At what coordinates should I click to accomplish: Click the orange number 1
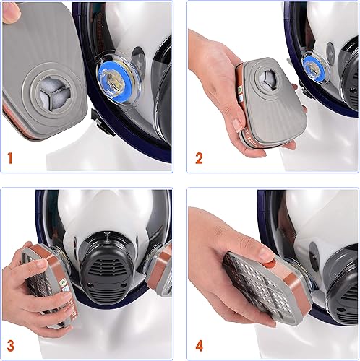pos(10,158)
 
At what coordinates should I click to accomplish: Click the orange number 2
pos(199,158)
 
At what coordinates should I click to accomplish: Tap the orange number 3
pos(10,346)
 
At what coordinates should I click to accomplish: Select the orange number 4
pos(200,347)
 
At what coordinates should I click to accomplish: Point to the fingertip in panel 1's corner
pos(11,12)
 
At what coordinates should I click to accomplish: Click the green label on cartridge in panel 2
pos(240,90)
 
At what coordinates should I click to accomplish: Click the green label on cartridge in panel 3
pos(64,282)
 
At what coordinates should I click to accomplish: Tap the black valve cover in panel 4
pos(342,287)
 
